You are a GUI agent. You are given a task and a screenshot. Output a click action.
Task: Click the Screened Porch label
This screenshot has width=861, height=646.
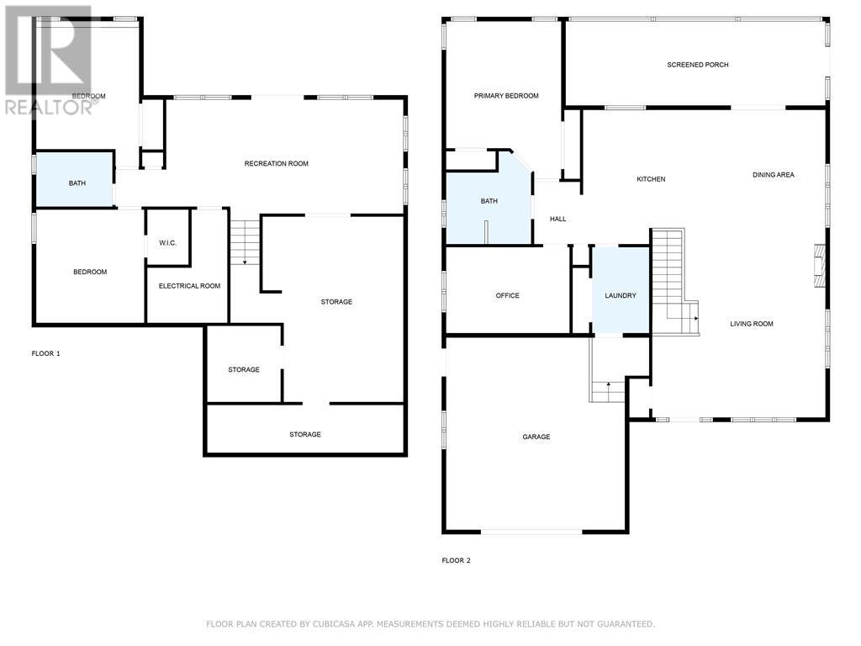[697, 65]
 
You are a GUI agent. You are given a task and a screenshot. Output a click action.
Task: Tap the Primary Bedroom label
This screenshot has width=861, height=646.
[506, 96]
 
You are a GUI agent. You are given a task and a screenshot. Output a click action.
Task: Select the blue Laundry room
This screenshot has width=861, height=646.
[621, 290]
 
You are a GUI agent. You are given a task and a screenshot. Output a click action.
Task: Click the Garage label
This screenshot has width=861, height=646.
[536, 437]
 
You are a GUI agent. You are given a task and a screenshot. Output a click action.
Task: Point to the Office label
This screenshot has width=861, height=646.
[507, 295]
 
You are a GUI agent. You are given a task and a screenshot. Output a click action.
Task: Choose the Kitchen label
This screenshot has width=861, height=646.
[651, 179]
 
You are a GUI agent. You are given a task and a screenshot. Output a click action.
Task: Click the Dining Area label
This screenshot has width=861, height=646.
[773, 175]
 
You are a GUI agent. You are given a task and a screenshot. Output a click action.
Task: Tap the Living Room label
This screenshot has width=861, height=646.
[751, 324]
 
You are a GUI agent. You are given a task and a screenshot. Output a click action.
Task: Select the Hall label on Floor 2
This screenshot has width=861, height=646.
[557, 219]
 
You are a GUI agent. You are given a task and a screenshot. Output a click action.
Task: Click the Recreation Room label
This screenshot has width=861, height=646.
[276, 163]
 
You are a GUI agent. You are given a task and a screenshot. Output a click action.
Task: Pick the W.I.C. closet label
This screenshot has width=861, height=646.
[167, 243]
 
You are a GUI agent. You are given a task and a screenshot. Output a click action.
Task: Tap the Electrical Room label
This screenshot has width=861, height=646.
[189, 286]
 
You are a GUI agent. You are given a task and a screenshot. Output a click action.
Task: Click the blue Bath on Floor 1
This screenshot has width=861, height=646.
[76, 179]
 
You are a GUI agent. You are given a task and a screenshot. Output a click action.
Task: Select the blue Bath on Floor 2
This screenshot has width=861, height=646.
[488, 202]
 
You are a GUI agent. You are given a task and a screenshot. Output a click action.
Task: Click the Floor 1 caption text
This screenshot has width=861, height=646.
[45, 353]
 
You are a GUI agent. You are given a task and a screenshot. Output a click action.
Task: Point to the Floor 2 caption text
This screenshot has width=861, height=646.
[456, 560]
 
